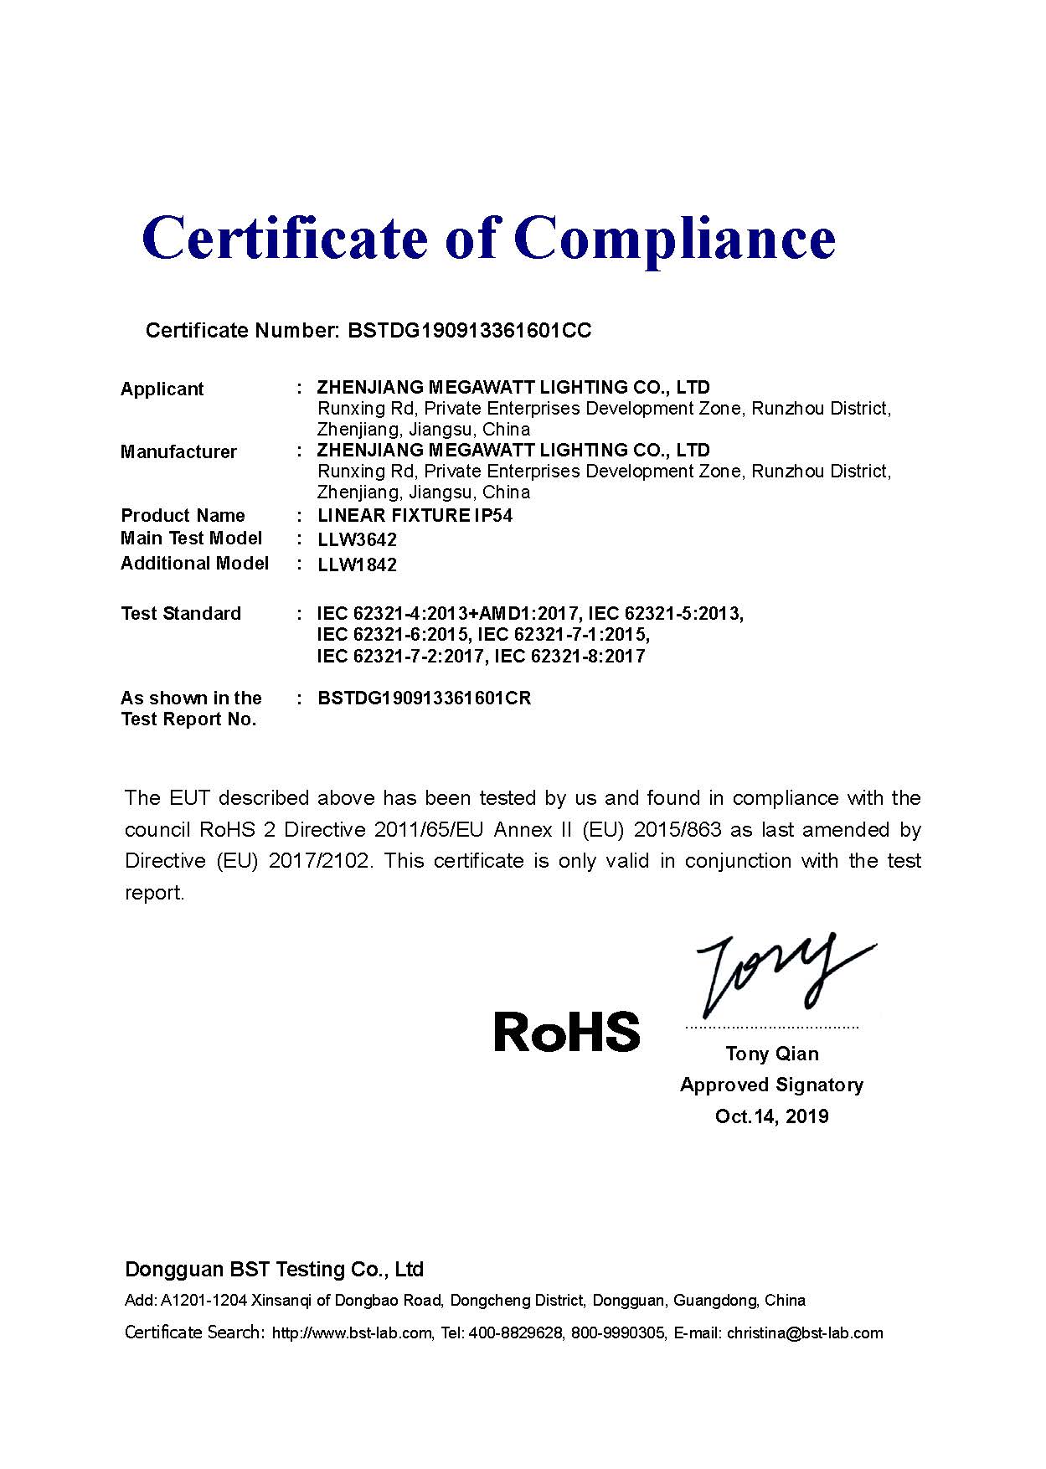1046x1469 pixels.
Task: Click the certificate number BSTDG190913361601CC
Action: click(469, 331)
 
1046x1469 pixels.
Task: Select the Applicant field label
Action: click(162, 389)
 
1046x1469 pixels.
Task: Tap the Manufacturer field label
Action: click(178, 452)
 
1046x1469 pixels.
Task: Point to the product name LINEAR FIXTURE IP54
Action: click(415, 516)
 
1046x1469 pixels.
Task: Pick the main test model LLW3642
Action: click(357, 540)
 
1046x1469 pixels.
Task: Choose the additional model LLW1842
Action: click(357, 565)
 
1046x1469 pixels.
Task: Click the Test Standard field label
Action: click(181, 614)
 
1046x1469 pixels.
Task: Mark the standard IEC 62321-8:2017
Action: click(569, 657)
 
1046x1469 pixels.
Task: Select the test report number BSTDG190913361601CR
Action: click(424, 698)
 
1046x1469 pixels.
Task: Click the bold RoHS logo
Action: click(567, 1032)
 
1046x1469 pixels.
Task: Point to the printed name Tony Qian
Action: click(772, 1054)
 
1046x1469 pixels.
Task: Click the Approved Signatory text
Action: click(771, 1085)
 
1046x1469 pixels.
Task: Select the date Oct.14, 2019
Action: click(771, 1116)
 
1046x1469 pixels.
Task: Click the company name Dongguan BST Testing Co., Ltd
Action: click(274, 1270)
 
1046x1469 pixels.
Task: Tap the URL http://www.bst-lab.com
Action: click(353, 1333)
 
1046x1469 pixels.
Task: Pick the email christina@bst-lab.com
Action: click(805, 1333)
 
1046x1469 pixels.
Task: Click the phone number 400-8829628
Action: click(515, 1333)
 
